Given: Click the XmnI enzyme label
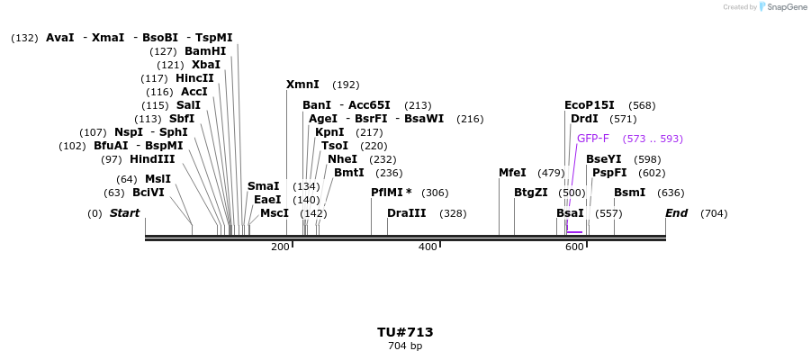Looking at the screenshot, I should pos(302,85).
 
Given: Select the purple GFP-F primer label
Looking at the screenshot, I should pos(592,139).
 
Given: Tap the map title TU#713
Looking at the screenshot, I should pos(405,332).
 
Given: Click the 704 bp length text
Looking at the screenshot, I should pos(405,346).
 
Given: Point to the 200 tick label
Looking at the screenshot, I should pos(280,247).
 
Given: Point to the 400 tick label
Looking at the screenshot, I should pos(428,247).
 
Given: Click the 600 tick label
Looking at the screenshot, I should pos(574,247).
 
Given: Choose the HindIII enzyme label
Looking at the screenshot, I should pos(152,159).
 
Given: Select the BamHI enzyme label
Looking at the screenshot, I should pos(205,51).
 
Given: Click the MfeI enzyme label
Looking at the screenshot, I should pos(512,173).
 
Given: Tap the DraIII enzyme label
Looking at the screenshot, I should pos(407,213).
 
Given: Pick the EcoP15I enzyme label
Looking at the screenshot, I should pos(590,105).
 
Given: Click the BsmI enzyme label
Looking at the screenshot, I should pos(629,193).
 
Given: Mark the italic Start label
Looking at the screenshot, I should pos(124,213).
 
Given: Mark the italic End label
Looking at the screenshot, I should pos(676,213).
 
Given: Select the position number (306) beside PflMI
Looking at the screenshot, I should pos(435,193).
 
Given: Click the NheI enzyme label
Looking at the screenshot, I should pos(342,159).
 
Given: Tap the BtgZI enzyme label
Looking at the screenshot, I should pos(530,193).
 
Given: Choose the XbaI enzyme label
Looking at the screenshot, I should pos(205,65).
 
